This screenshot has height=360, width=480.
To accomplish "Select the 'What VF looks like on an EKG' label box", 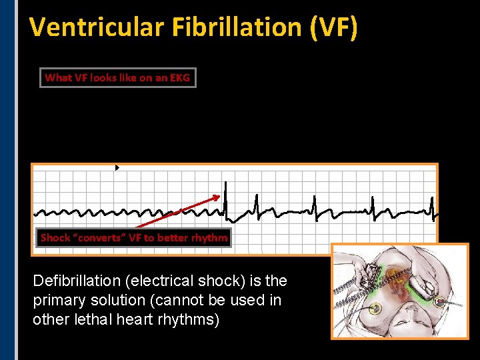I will (117, 77).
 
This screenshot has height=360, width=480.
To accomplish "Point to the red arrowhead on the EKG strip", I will (217, 196).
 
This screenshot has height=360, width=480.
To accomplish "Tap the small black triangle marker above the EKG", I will (117, 168).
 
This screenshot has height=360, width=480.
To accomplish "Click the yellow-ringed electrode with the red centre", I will (440, 301).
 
